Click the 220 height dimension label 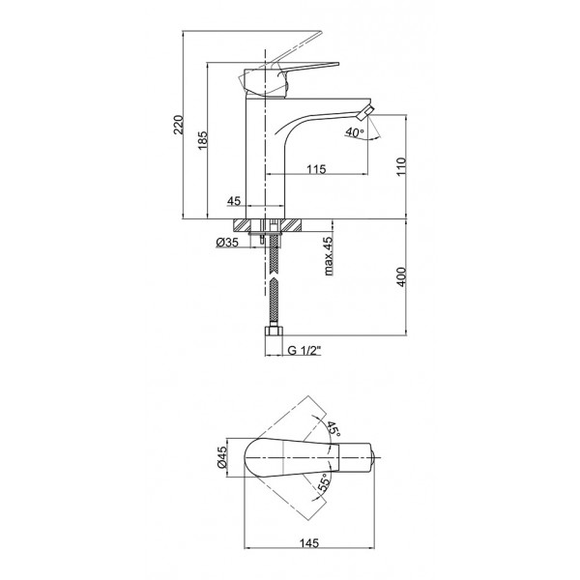178,125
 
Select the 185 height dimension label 203,140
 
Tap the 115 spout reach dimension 317,169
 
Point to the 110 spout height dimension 401,166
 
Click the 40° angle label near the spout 356,132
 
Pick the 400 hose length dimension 401,276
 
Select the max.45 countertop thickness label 328,255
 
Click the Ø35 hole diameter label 227,243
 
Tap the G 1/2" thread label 304,350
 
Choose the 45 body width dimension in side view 234,201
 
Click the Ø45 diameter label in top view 221,457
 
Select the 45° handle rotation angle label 333,428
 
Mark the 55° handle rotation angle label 324,482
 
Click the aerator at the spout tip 365,112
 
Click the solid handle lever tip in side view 338,64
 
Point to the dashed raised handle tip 319,31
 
